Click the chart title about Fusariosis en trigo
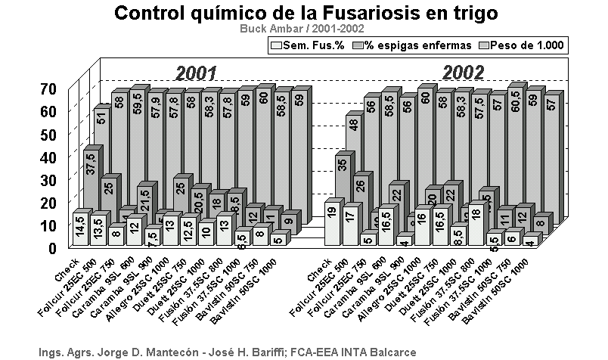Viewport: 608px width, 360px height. (307, 13)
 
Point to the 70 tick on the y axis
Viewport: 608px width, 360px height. (47, 88)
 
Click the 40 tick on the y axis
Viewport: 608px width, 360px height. (47, 157)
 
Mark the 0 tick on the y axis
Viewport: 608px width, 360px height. (51, 247)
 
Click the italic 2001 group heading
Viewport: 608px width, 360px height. (197, 73)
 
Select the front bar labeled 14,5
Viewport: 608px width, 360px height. (79, 229)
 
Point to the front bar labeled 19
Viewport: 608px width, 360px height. (330, 223)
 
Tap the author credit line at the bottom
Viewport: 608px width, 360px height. (227, 352)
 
